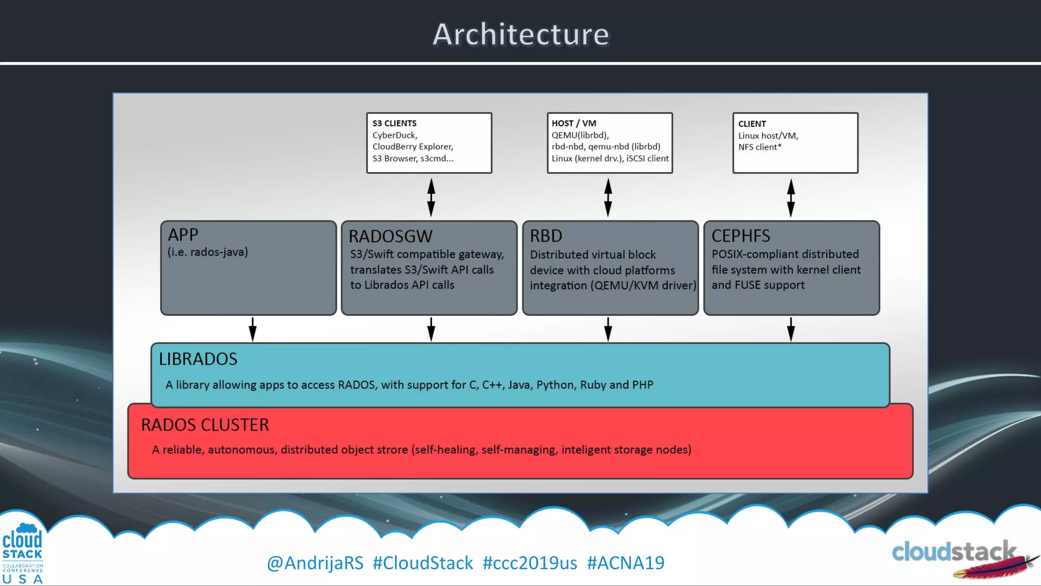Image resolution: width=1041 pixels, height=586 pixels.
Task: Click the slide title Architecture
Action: coord(520,35)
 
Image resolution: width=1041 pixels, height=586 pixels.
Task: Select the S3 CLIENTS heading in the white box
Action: coord(394,123)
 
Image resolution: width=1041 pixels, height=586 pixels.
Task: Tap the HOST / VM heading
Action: coord(573,123)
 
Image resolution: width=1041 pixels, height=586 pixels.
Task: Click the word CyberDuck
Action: coord(394,135)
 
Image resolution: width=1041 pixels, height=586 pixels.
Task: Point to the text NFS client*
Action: coord(759,147)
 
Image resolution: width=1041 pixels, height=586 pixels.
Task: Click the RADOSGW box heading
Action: coord(390,237)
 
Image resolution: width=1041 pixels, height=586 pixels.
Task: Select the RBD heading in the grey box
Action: coord(545,236)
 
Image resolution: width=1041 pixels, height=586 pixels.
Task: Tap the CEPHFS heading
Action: coord(740,236)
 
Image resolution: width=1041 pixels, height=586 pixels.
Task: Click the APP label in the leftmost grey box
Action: coord(182,235)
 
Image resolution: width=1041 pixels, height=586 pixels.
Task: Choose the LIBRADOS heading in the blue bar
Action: coord(198,359)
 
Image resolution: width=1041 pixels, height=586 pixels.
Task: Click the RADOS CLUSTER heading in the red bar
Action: coord(205,425)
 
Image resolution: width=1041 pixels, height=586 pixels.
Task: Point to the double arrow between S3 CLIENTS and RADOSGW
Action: coord(431,197)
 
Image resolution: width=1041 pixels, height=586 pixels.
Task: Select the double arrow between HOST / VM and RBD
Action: coord(608,197)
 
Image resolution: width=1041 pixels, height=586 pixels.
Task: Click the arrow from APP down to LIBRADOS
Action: coord(253,330)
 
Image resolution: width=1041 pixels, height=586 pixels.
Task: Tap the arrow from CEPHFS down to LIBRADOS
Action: coord(791,330)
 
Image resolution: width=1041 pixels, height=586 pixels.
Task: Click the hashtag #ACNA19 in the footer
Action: coord(625,563)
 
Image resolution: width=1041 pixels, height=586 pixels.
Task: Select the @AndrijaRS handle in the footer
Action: coord(315,563)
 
